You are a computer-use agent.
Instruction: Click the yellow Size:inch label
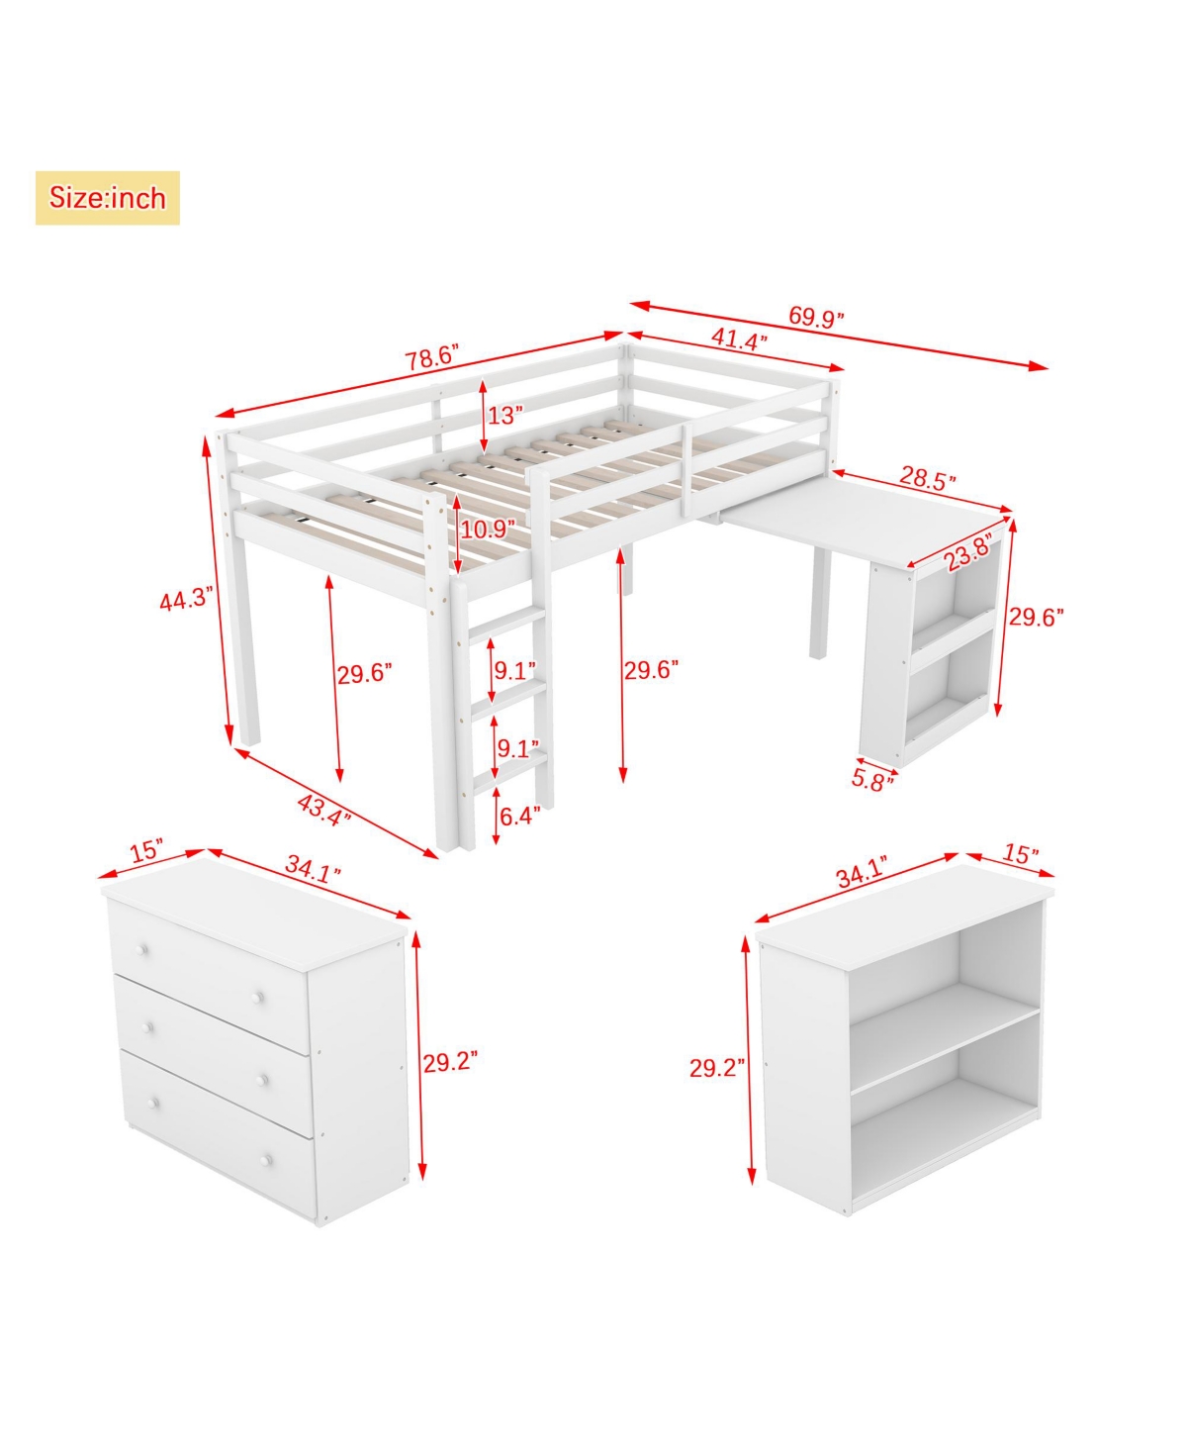click(x=108, y=198)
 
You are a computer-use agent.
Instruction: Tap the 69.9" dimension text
click(x=816, y=317)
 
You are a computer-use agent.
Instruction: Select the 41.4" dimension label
click(x=739, y=340)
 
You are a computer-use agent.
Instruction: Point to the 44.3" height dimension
click(x=187, y=599)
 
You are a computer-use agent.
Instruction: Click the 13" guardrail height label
click(x=504, y=415)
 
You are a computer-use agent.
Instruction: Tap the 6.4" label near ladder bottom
click(x=520, y=817)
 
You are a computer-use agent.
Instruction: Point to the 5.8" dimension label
click(x=872, y=779)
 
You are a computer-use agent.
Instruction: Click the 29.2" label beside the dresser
click(x=450, y=1062)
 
